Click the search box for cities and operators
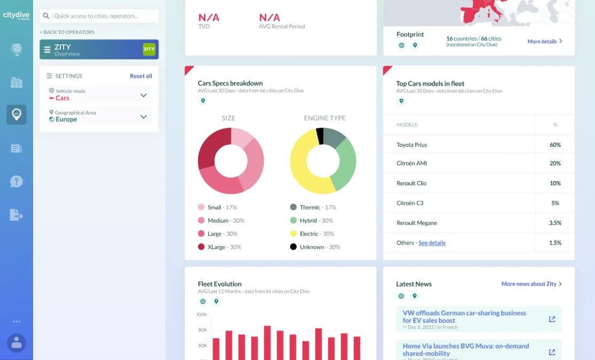point(105,16)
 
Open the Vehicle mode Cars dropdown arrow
point(143,95)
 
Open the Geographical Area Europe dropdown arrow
point(143,116)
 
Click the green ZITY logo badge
point(149,49)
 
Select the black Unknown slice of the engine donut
point(320,136)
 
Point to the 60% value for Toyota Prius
point(555,145)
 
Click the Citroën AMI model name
point(411,163)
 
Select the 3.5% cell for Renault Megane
point(555,223)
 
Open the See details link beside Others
point(432,242)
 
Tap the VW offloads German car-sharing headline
point(464,317)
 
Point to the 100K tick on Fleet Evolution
point(201,315)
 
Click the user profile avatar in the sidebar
point(17,342)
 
